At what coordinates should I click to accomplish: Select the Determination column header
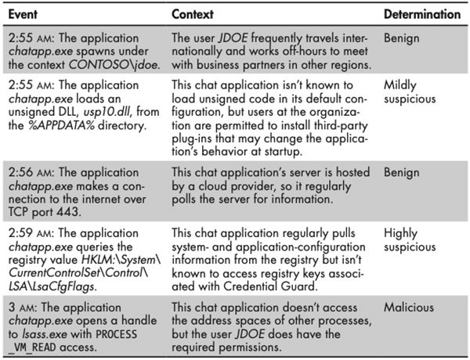421,15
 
